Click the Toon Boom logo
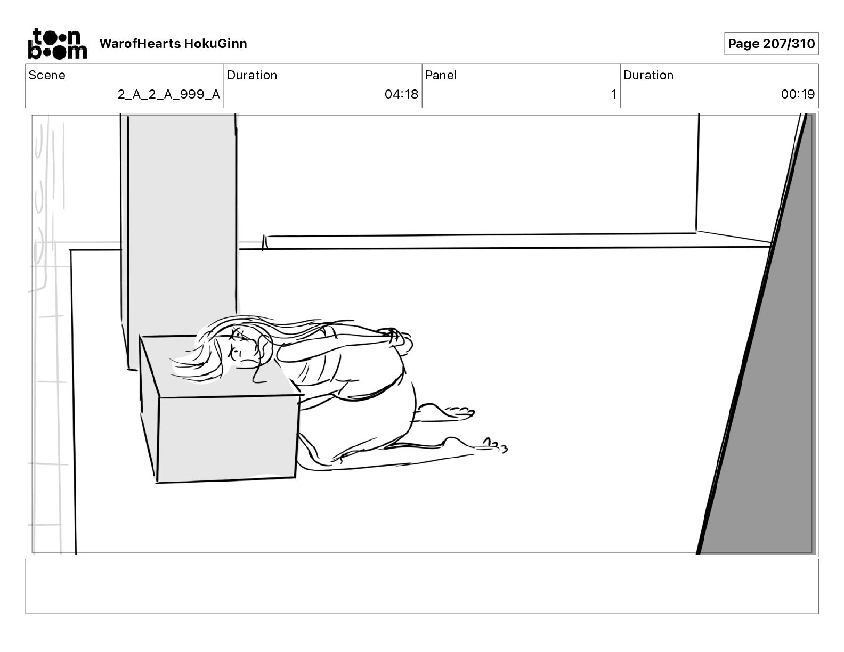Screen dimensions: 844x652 tap(57, 43)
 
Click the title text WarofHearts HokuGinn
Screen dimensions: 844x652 tap(173, 44)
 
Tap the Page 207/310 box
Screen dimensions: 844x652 tap(771, 44)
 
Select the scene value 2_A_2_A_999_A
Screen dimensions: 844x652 tap(168, 94)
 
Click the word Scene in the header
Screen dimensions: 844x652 tap(47, 75)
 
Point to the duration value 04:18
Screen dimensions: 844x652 tap(401, 94)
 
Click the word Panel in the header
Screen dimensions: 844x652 tap(441, 75)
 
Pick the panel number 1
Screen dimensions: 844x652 tap(613, 94)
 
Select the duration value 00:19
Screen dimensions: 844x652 tap(798, 94)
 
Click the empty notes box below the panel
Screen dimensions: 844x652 tap(421, 586)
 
